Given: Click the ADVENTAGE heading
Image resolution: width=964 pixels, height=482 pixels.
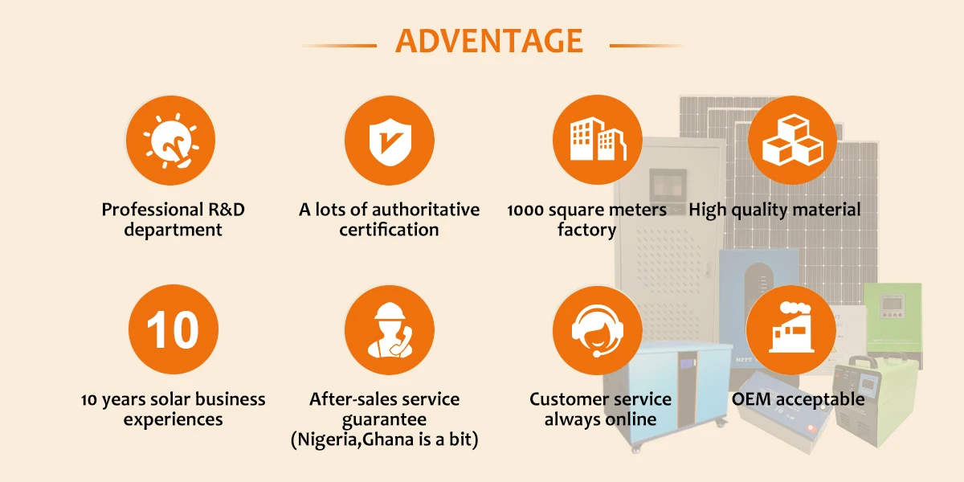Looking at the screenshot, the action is [489, 41].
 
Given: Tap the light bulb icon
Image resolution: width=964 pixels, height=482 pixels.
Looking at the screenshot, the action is [171, 140].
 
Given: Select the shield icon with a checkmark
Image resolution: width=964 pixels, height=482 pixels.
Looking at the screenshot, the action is [389, 140].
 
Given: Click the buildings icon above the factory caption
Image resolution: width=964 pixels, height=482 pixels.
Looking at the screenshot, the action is [598, 140].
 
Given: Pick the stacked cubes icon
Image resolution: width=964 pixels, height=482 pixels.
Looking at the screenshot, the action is [791, 140].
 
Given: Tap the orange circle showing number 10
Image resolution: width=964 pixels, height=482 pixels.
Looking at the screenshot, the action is [174, 329].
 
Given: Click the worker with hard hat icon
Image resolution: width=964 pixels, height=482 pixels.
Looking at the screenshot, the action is [389, 329].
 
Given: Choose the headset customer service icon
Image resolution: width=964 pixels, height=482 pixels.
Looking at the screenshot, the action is [598, 329].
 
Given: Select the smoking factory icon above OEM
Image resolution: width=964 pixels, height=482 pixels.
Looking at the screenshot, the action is [791, 329].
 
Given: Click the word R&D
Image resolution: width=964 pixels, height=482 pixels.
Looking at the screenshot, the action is [227, 210].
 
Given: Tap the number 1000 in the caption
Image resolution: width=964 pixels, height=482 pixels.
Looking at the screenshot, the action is [527, 210].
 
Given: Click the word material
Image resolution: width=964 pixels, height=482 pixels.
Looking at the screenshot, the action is [827, 210].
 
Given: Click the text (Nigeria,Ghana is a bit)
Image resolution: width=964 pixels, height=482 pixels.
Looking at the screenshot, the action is [384, 439].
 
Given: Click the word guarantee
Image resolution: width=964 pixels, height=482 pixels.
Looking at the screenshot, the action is [384, 419].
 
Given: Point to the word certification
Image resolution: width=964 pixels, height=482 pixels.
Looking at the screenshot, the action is [389, 230].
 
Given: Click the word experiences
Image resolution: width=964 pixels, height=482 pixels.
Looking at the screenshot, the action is [173, 419].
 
